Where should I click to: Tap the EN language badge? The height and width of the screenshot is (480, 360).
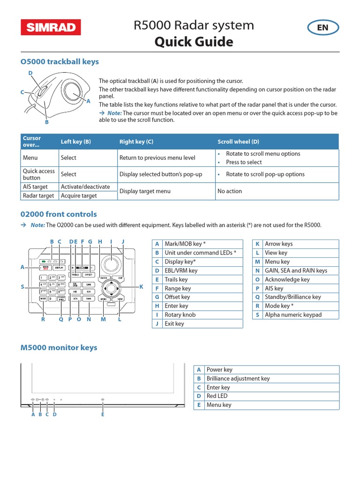coord(322,28)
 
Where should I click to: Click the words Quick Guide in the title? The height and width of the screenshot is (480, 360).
coord(194,42)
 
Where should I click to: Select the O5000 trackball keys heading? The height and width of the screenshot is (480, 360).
coord(60,62)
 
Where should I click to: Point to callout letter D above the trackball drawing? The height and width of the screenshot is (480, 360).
coord(30,73)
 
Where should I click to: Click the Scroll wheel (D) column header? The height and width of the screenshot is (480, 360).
coord(238,142)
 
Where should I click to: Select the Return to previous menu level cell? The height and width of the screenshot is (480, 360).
coord(157,158)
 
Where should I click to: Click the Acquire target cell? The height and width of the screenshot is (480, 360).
coord(79,195)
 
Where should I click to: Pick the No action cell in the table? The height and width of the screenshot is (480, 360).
coord(230,191)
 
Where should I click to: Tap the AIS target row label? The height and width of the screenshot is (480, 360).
coord(36,187)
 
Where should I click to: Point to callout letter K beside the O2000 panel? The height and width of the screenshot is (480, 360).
coord(141,286)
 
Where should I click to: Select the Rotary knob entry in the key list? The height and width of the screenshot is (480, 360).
coord(180,315)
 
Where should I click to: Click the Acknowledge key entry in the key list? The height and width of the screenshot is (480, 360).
coord(287,279)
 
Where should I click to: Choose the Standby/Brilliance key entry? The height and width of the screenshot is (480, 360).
coord(292,297)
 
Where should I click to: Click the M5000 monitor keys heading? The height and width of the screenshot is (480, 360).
coord(59,348)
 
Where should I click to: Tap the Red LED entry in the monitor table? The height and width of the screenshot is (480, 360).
coord(216,396)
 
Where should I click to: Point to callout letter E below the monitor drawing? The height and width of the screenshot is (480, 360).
coord(103,414)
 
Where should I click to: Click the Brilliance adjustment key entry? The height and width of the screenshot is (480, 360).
coord(238,379)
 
